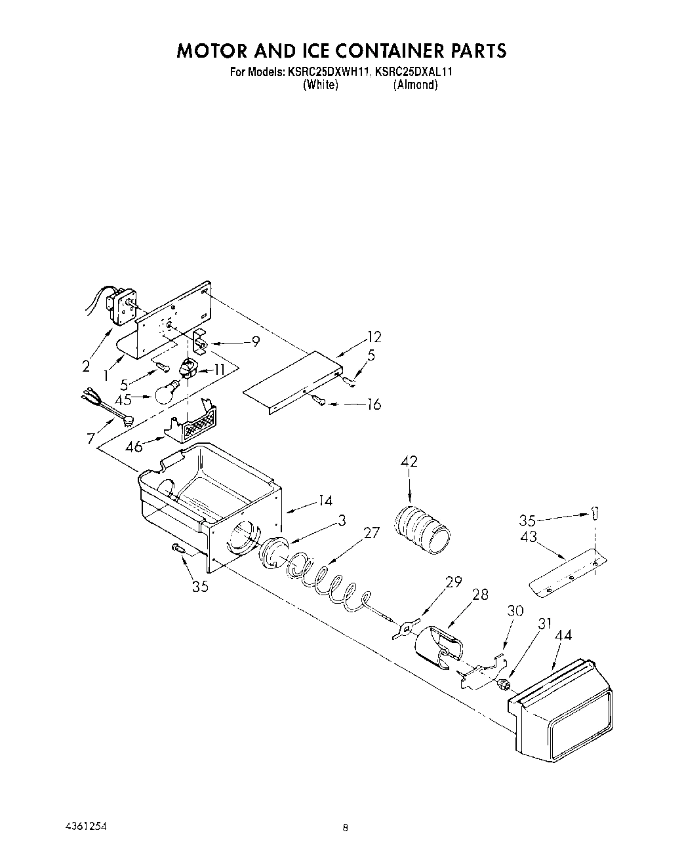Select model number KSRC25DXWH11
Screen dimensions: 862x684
330,72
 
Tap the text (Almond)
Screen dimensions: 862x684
415,85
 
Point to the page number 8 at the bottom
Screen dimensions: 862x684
345,828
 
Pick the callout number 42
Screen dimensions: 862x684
409,461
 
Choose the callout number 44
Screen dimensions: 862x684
563,635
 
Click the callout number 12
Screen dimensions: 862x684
374,338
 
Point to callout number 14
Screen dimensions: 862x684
325,501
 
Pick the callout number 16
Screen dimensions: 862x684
372,404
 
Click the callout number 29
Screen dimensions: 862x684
453,581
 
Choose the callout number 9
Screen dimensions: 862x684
256,341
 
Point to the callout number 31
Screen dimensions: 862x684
544,623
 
